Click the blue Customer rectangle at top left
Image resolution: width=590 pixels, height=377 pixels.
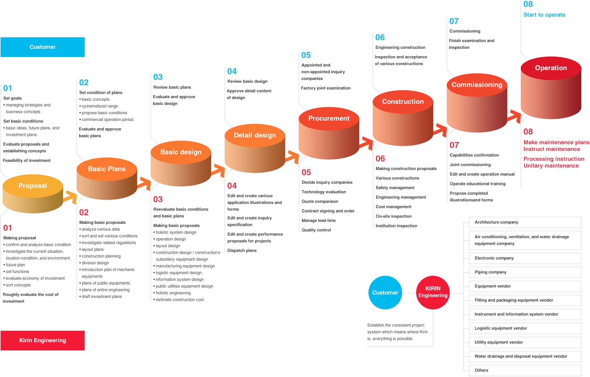pos(43,47)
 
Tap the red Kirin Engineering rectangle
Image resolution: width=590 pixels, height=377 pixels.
pos(43,340)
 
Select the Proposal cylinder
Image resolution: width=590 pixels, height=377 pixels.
pos(33,194)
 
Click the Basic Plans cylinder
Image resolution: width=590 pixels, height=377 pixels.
pos(107,178)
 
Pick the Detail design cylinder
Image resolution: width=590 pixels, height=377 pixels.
pos(255,148)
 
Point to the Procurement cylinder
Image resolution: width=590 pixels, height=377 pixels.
pos(329,133)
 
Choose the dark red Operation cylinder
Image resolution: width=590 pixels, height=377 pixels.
pos(551,88)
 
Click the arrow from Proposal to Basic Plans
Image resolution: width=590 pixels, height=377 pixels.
pos(70,197)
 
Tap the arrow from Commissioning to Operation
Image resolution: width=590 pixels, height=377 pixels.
pos(514,116)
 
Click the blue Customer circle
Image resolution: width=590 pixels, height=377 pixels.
pos(385,293)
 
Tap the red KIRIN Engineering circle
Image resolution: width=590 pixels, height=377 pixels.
pos(433,293)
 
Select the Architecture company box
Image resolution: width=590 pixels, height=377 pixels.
pos(525,222)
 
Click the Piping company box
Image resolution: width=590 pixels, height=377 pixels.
pos(525,272)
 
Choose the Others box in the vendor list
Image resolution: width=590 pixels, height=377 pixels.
pos(525,371)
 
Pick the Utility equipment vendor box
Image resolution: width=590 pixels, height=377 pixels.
pos(525,342)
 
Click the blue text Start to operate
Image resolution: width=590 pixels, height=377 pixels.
pos(544,15)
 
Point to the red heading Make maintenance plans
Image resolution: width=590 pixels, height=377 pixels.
pos(556,142)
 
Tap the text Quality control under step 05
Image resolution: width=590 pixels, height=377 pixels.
pos(316,230)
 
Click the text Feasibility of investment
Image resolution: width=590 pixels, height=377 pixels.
pos(27,160)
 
